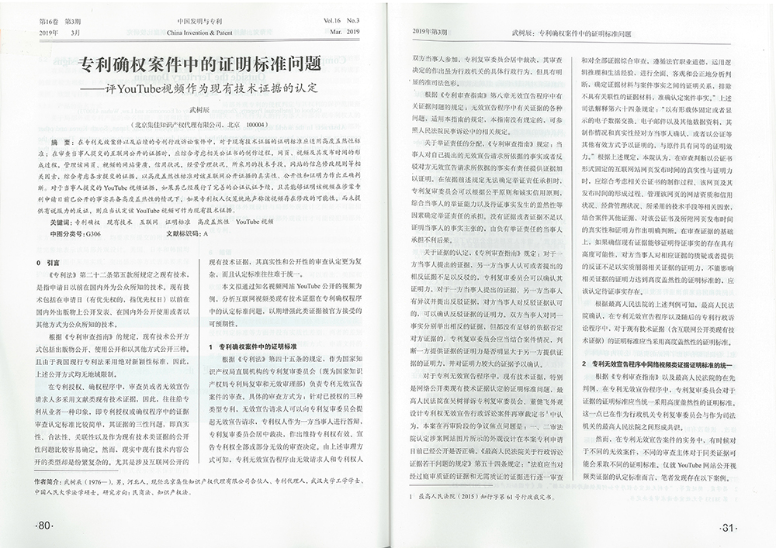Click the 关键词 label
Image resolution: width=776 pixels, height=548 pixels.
pos(59,222)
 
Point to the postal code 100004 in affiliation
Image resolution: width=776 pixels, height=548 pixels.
pos(255,124)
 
